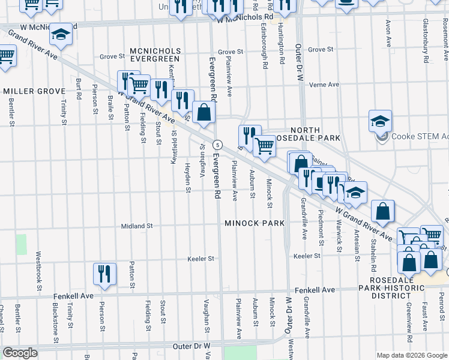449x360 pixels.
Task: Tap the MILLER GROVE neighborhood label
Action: (34, 91)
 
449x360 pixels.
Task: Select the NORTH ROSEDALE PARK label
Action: (315, 134)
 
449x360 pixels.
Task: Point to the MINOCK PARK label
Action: (254, 223)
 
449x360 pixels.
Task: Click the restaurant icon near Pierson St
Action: (104, 274)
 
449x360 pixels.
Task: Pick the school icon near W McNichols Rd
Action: (60, 35)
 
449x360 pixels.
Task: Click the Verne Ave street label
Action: (324, 85)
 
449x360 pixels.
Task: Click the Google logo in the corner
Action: (20, 353)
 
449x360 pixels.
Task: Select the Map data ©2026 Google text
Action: (411, 355)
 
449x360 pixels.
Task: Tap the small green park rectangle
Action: (22, 244)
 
